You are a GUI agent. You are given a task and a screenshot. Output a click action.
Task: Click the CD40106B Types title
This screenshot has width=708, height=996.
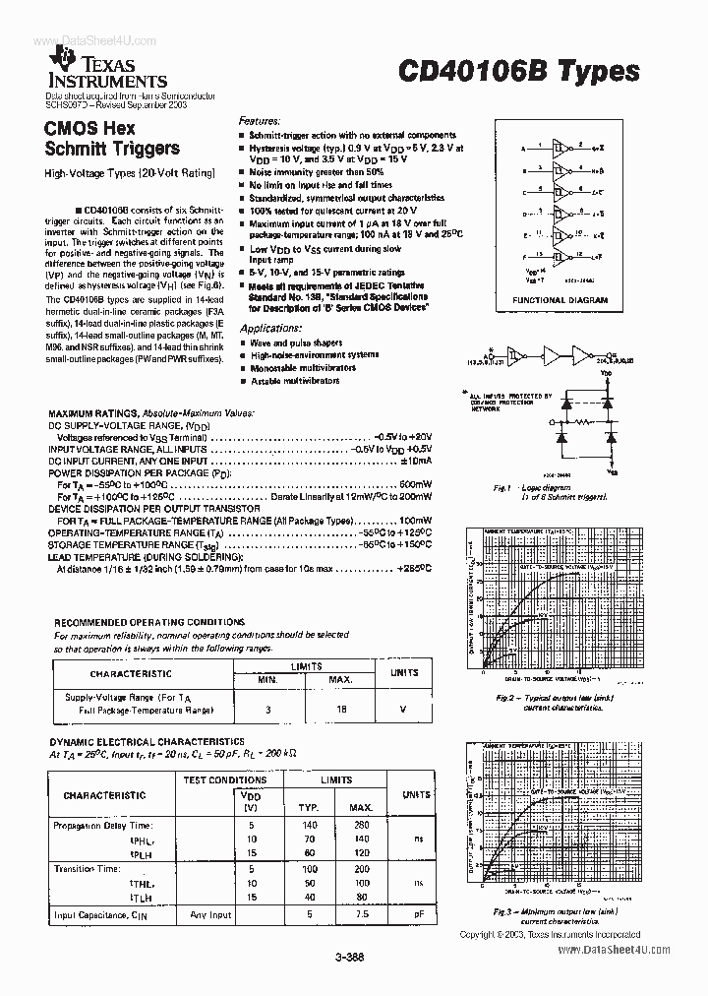518,72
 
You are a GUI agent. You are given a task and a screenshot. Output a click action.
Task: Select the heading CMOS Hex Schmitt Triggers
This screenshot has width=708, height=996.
111,139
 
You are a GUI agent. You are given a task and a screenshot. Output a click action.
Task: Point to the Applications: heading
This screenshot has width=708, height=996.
269,327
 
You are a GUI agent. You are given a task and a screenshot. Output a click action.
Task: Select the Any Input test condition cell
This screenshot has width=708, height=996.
211,914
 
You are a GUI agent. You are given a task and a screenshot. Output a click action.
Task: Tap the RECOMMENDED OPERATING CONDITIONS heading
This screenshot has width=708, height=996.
149,622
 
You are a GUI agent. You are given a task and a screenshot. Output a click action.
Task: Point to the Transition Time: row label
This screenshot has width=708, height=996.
88,869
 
